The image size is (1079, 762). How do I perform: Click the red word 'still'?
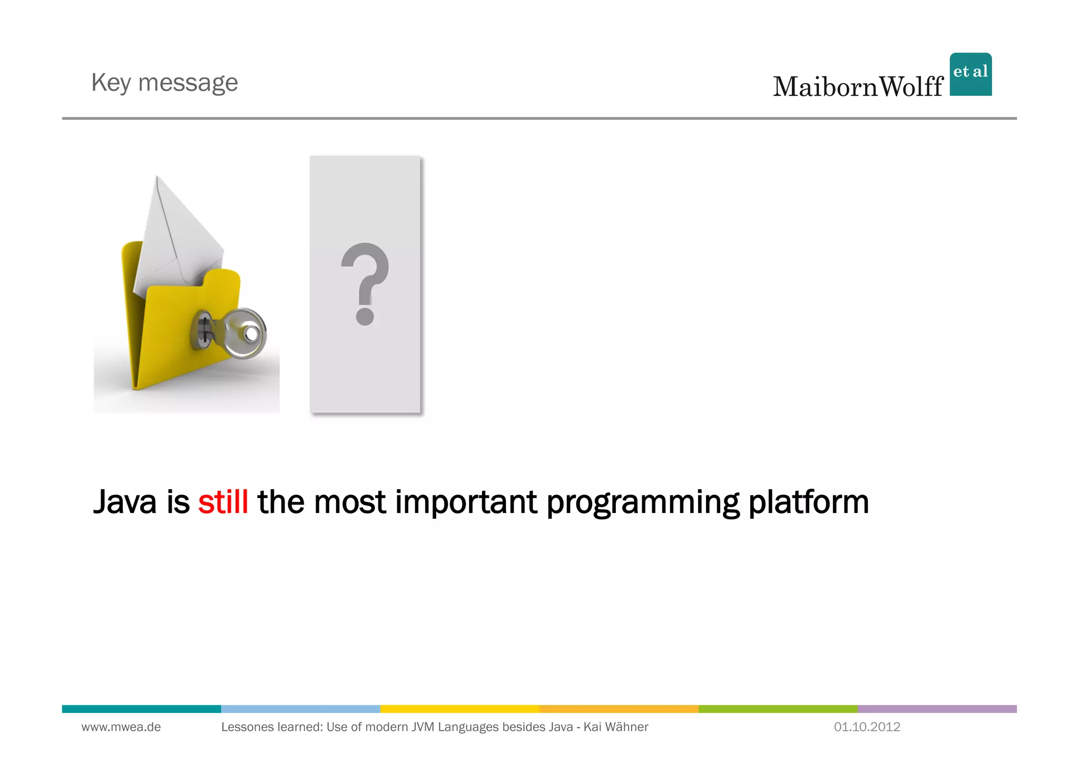click(223, 502)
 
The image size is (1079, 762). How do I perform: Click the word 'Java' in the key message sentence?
click(125, 502)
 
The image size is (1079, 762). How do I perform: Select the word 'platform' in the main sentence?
click(808, 503)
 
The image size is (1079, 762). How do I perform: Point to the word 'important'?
click(466, 503)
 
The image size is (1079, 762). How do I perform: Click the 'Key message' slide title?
click(164, 83)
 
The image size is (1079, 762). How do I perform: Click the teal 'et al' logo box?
click(970, 74)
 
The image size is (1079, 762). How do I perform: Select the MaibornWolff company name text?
click(858, 87)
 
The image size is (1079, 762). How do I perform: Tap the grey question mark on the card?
click(365, 283)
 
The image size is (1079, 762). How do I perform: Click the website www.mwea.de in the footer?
click(121, 727)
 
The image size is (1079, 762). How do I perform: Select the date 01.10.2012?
click(867, 727)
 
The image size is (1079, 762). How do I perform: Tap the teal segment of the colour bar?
click(141, 709)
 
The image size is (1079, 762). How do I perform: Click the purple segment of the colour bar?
click(937, 709)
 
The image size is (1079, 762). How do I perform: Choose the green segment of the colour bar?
click(778, 709)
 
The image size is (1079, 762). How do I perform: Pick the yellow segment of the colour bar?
click(459, 709)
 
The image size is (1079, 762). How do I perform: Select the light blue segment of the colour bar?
click(300, 709)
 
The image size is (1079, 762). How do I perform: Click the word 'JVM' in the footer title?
click(423, 727)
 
